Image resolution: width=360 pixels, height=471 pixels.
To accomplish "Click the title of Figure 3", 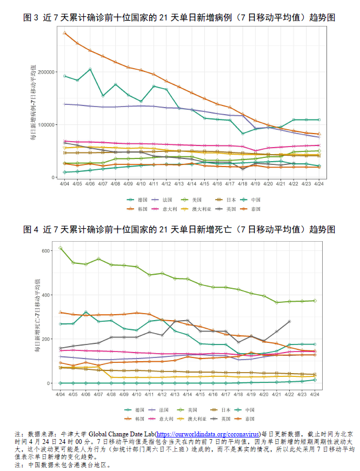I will click(x=179, y=18).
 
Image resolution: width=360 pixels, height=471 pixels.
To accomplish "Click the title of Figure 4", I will click(x=179, y=229).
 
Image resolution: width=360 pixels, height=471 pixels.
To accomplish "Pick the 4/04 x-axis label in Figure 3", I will click(x=64, y=184).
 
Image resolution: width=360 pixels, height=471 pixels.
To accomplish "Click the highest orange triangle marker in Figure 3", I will click(x=64, y=33).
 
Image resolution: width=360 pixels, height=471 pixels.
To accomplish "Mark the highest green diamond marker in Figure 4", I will click(x=61, y=248).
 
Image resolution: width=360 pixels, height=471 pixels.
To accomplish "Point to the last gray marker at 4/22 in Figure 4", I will click(x=290, y=321).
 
